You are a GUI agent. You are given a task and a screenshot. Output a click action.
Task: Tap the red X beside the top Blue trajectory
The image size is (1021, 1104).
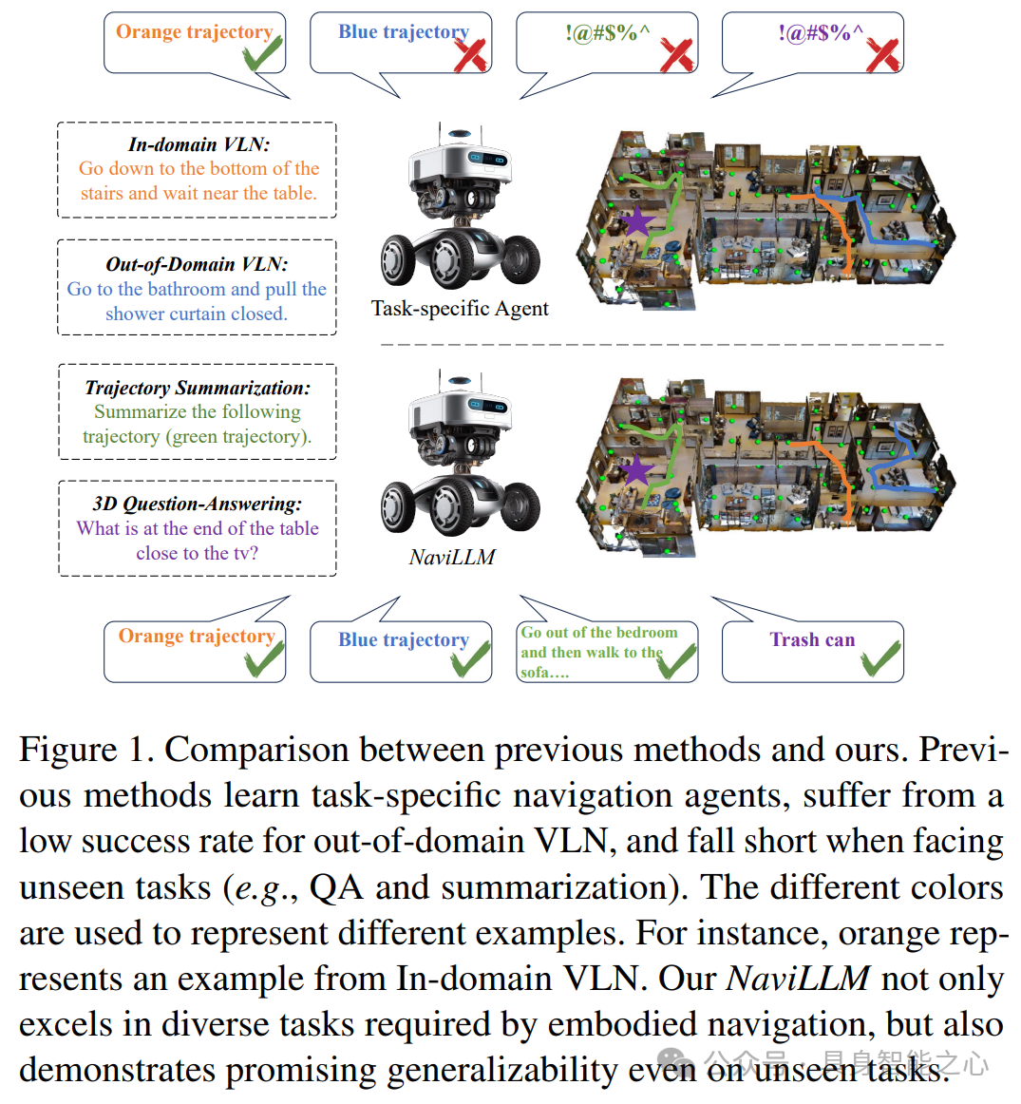(471, 54)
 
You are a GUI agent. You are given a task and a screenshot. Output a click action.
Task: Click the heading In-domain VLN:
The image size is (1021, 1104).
(199, 144)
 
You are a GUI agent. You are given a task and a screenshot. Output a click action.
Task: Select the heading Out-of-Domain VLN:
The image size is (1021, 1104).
(197, 264)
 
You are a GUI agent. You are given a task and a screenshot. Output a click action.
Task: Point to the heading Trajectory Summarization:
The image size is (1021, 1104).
(198, 388)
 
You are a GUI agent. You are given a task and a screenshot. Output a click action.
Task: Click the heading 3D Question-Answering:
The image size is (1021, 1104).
(198, 504)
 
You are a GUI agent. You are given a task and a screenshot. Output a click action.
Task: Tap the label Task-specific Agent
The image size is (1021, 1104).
(460, 308)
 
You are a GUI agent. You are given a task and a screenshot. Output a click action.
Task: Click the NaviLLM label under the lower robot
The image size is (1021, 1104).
(452, 557)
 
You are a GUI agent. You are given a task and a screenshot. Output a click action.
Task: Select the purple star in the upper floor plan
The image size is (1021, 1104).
(637, 221)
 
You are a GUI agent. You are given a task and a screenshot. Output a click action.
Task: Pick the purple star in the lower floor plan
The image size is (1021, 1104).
(636, 469)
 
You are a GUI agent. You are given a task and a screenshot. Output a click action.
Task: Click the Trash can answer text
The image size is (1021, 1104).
(812, 639)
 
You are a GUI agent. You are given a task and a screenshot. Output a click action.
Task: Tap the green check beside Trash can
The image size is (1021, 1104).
(880, 658)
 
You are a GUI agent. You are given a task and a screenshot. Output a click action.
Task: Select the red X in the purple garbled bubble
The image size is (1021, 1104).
(882, 54)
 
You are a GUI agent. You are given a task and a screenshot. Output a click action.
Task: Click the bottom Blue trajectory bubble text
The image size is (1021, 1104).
(404, 639)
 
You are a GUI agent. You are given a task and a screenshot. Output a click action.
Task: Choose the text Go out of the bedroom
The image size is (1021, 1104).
(599, 633)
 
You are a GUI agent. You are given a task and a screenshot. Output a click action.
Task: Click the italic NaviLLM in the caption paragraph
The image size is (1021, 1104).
(798, 979)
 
